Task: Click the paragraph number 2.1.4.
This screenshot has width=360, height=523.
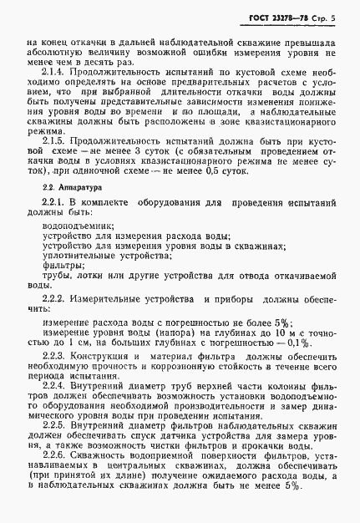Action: [x=53, y=71]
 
